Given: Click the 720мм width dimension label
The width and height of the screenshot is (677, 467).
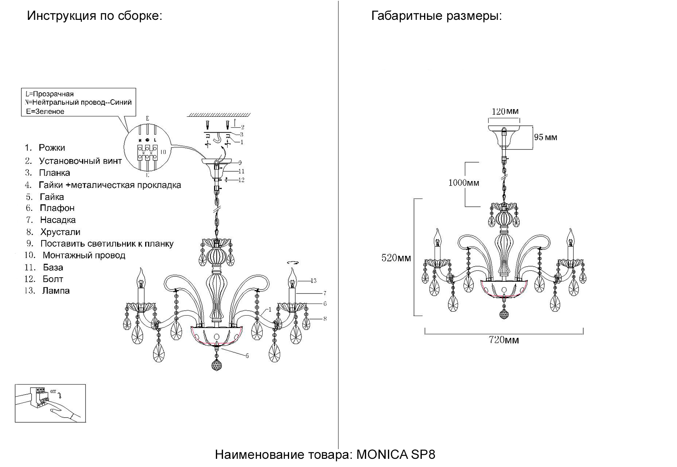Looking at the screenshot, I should click(503, 340).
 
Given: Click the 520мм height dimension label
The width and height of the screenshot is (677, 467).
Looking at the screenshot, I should click(396, 258).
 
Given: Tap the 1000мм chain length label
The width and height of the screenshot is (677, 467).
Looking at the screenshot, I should click(463, 183).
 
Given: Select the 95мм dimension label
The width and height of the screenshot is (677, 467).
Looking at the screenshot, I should click(545, 137).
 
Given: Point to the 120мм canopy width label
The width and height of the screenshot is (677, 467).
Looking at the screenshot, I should click(505, 112).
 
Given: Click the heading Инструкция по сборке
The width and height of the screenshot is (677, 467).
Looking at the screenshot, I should click(94, 16).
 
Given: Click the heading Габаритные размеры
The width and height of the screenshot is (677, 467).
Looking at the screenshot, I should click(436, 16).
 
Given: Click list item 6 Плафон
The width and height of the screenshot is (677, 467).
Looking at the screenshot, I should click(57, 208).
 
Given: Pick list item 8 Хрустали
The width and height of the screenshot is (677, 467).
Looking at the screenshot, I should click(60, 232).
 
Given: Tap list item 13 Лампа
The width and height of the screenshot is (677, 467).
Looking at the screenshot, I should click(56, 291).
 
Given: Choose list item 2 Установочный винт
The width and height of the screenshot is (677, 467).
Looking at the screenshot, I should click(80, 161).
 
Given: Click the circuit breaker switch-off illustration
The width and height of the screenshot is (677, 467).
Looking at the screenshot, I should click(50, 403).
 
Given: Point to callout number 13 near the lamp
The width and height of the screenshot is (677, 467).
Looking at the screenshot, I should click(314, 281).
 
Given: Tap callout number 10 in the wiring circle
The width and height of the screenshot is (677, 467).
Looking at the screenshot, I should click(163, 152).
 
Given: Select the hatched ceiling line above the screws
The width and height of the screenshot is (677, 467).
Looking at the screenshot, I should click(219, 115).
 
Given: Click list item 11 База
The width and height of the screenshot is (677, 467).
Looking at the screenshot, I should click(53, 267).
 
